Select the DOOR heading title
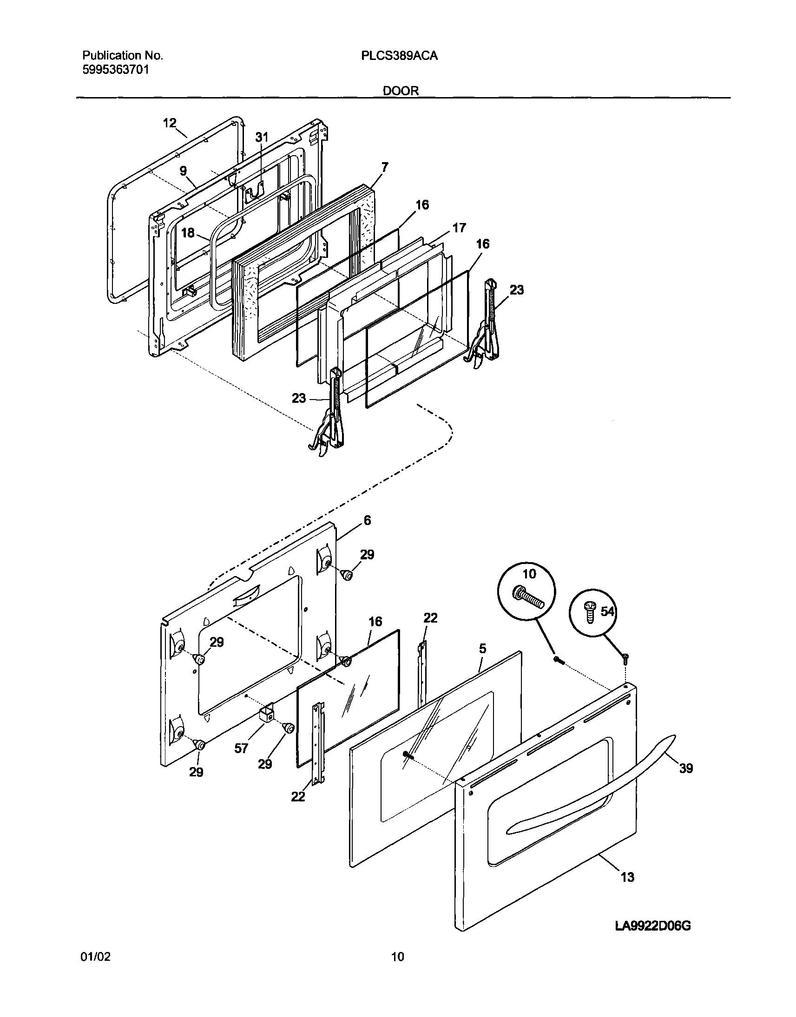tap(401, 91)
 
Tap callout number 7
tap(384, 167)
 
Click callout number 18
tap(188, 232)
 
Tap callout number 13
tap(627, 878)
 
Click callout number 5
tap(482, 649)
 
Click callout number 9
tap(183, 171)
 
